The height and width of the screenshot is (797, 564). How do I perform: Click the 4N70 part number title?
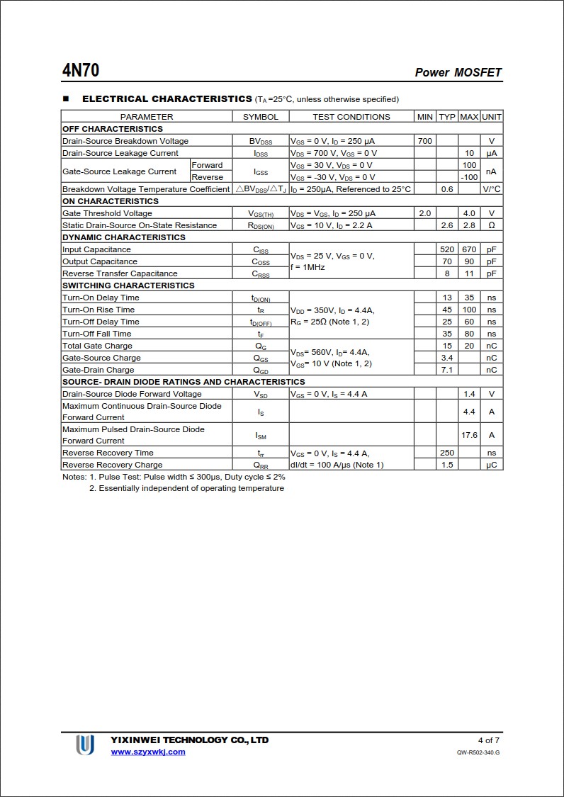tap(81, 71)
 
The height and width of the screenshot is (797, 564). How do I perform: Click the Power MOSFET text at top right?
tap(458, 72)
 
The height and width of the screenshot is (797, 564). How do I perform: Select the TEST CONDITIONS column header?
tap(351, 117)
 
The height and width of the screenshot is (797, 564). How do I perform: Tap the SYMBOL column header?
tap(261, 117)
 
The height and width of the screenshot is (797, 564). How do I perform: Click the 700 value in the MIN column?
tap(424, 141)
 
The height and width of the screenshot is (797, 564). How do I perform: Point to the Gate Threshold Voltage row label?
tap(107, 213)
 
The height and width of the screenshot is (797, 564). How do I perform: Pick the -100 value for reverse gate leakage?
tap(469, 177)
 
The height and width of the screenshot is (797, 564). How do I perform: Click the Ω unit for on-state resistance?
tap(491, 225)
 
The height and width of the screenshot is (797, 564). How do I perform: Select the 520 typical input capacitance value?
tap(446, 249)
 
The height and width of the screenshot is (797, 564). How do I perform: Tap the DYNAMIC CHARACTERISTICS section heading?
tap(124, 237)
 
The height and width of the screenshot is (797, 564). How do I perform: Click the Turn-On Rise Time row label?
tap(98, 310)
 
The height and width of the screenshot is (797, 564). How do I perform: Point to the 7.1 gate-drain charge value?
tap(446, 370)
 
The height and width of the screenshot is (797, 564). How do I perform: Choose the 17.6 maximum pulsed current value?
tap(469, 435)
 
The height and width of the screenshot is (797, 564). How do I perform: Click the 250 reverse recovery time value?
tap(446, 453)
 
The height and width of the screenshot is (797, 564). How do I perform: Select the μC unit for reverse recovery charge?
tap(491, 465)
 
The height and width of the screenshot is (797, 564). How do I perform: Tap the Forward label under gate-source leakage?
tap(207, 165)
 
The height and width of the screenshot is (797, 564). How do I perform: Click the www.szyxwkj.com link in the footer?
tap(148, 752)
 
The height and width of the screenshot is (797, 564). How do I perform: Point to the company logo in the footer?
tap(85, 745)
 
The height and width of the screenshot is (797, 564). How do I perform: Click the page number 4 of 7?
tap(489, 740)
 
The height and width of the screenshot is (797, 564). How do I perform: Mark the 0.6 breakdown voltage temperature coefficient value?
tap(446, 189)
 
